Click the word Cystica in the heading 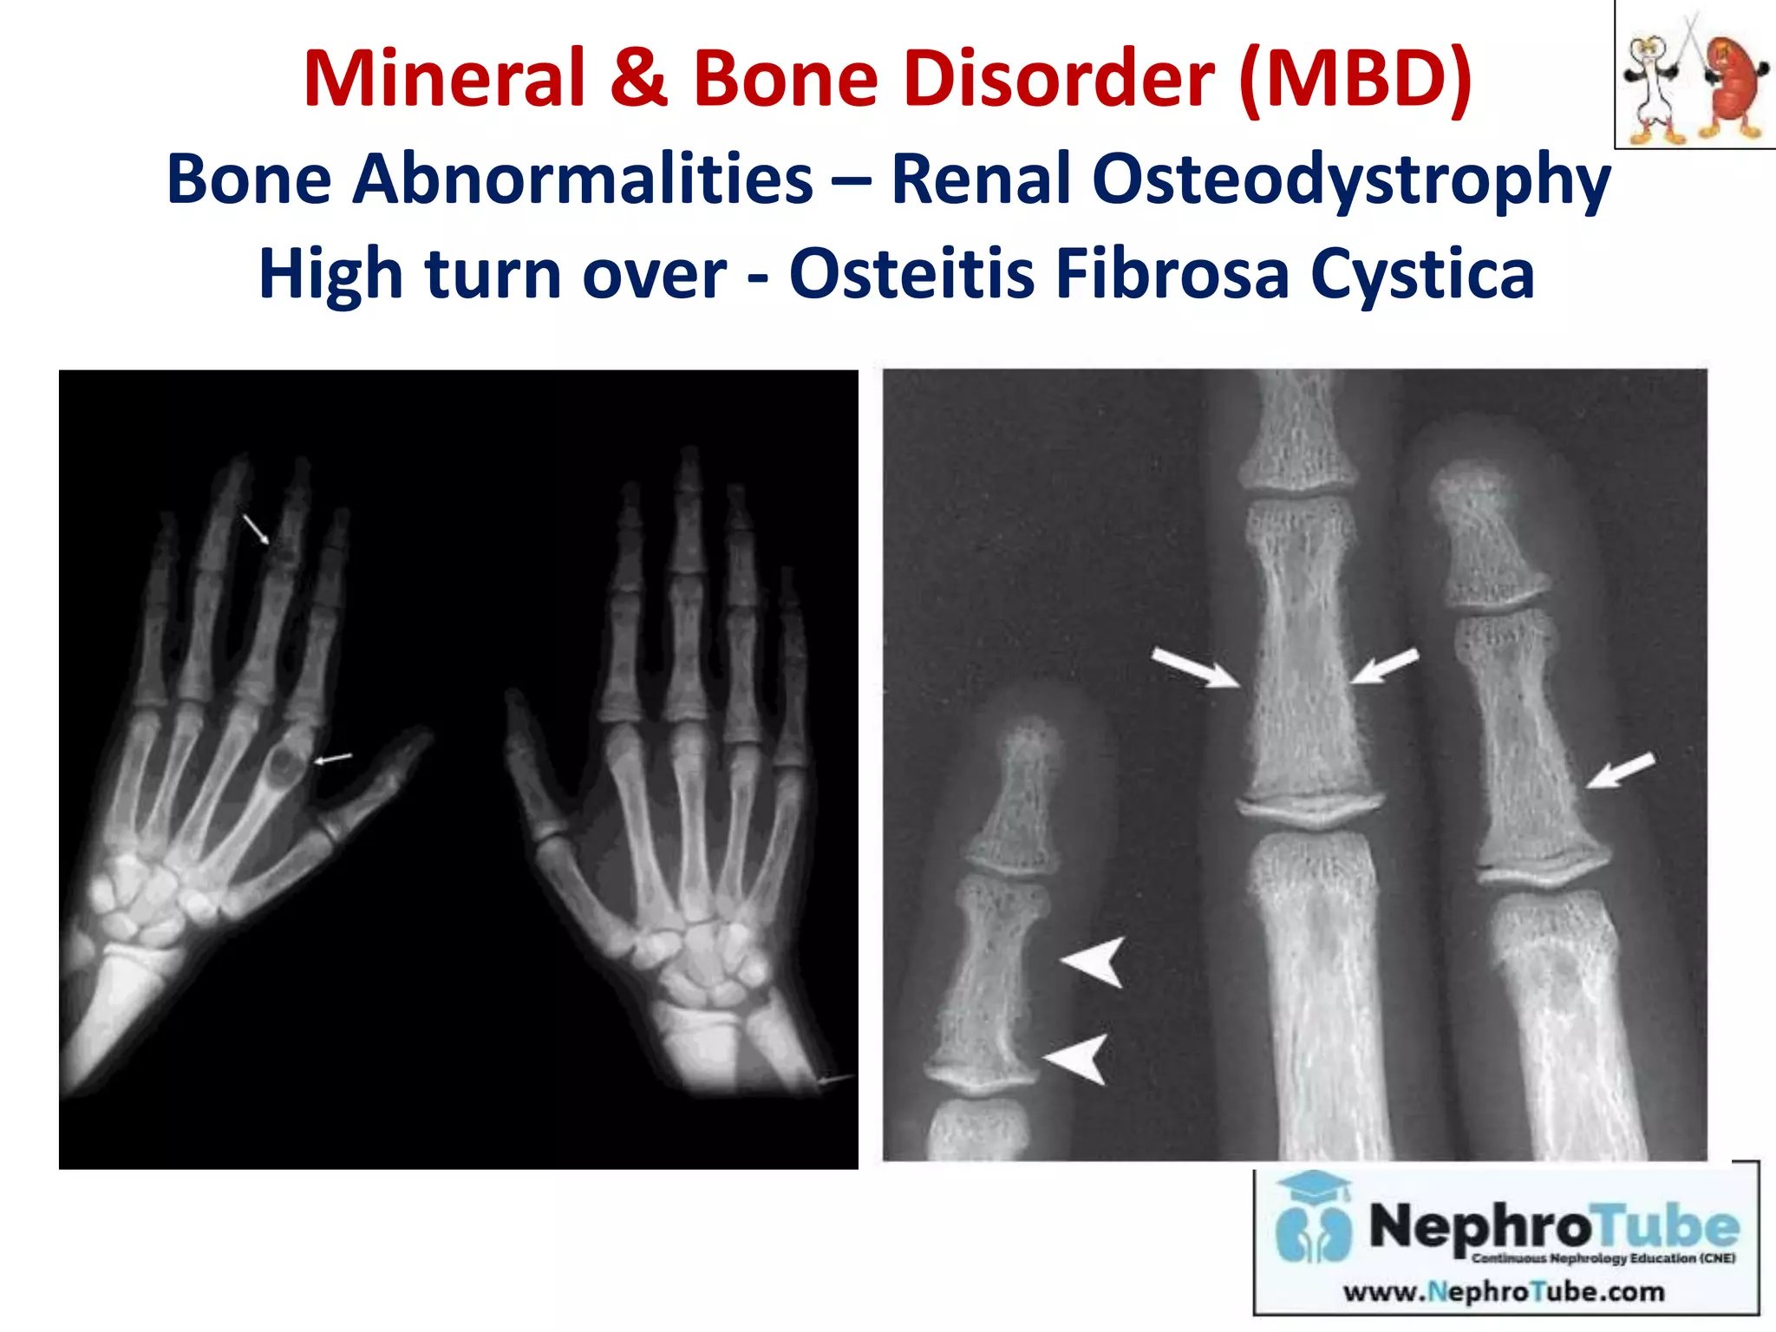1422,274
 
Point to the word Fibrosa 1171,274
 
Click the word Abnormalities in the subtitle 582,180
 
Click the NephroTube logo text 1553,1226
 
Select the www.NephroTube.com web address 1504,1292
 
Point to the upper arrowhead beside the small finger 1094,961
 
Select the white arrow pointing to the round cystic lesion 333,759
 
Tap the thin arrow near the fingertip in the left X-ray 256,528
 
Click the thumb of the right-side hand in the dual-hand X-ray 531,763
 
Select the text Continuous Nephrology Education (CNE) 1603,1258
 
